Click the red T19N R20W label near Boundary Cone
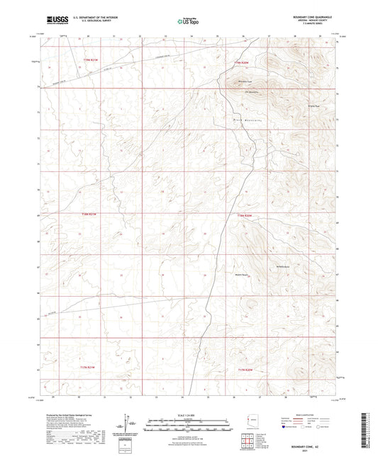tap(243, 63)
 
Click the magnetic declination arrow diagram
tap(128, 424)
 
